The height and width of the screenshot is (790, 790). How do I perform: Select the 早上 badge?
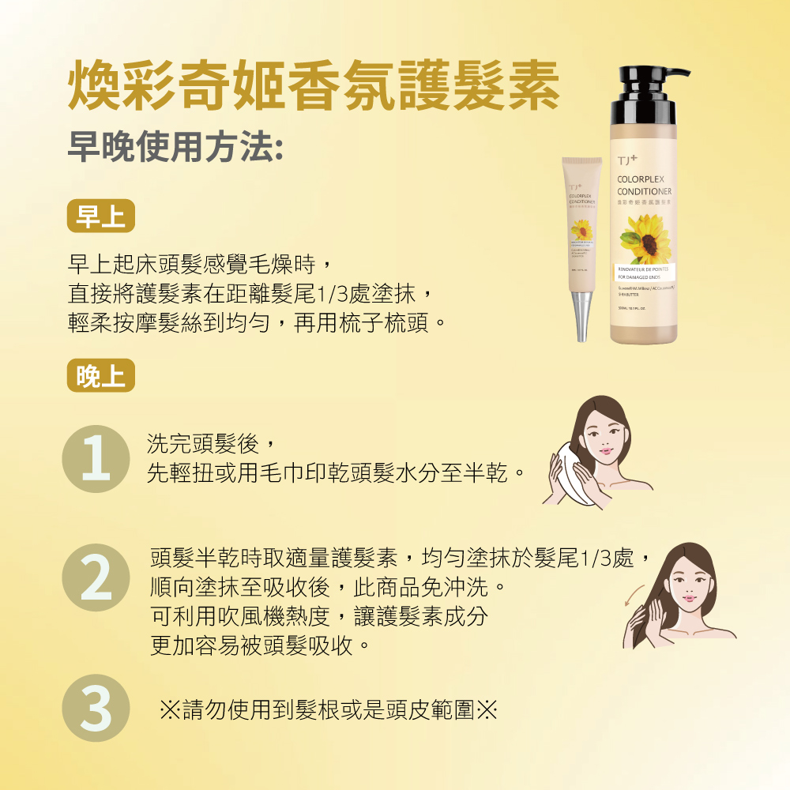coord(101,216)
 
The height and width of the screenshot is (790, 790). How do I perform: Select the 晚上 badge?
coord(101,376)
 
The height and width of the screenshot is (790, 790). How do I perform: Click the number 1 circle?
coord(96,459)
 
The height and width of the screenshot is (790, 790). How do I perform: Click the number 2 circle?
coord(96,577)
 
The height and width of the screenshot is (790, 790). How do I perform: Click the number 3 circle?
coord(96,708)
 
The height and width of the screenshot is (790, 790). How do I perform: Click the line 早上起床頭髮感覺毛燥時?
coord(205,262)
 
